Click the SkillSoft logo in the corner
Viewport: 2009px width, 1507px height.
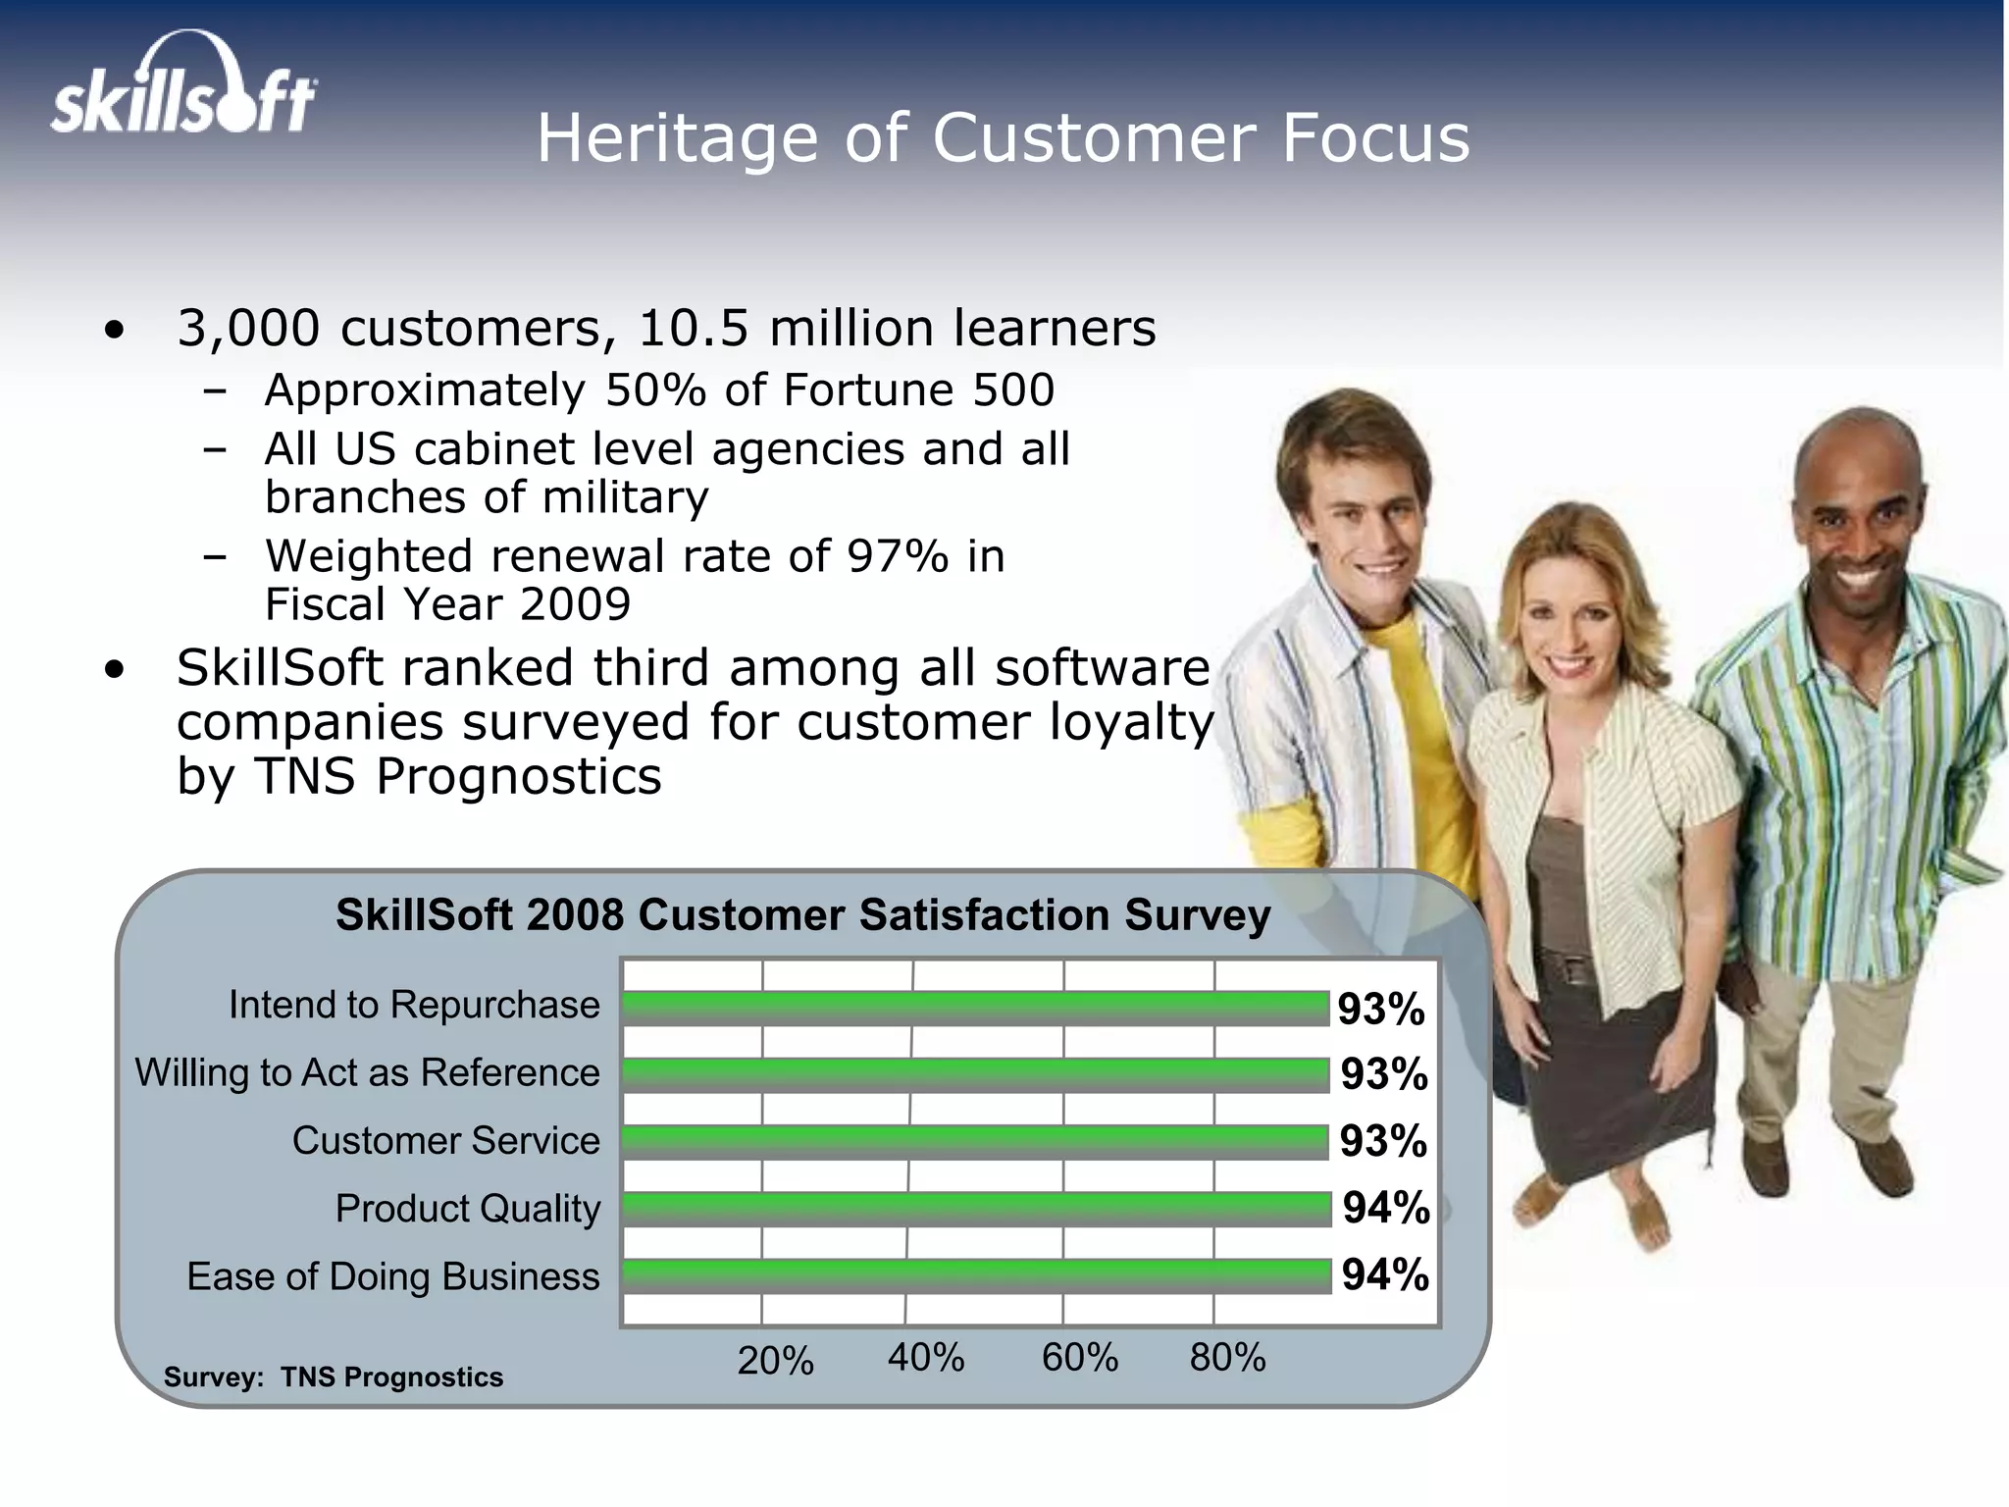183,85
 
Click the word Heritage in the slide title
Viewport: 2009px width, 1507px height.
676,138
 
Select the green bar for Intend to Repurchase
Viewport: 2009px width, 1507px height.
975,1008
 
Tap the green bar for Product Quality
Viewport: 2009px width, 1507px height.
975,1209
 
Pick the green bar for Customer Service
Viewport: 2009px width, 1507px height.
975,1142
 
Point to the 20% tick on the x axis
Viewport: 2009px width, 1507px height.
775,1361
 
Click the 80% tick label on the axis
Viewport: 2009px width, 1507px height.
1227,1358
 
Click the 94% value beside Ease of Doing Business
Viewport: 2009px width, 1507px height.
1385,1274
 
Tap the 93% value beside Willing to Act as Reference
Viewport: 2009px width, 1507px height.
1384,1074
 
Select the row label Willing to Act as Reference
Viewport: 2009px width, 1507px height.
367,1072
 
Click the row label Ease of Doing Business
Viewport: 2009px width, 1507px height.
392,1276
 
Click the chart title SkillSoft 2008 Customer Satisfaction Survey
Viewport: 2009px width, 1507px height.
802,914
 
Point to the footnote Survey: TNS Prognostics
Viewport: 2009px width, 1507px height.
334,1377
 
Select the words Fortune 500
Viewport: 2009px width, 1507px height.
918,390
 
